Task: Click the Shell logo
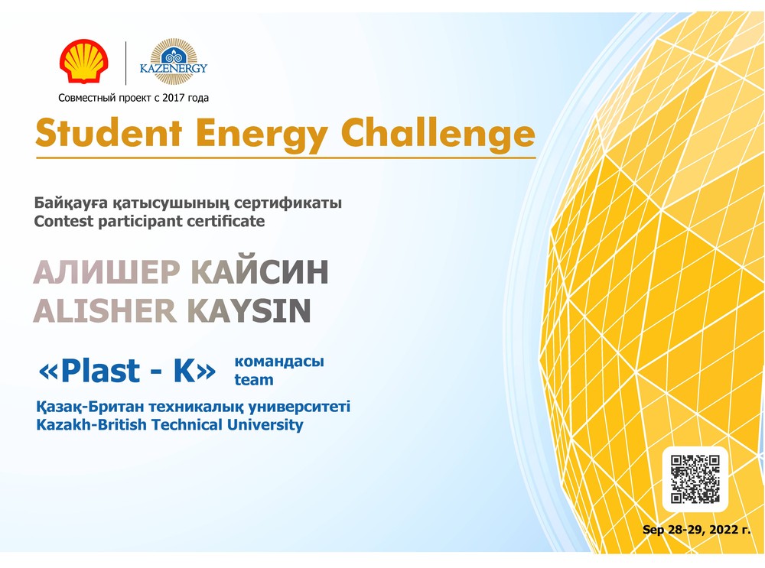tap(84, 61)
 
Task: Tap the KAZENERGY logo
tap(173, 62)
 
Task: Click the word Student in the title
tap(109, 132)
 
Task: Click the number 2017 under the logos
tap(174, 98)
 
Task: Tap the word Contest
tap(63, 222)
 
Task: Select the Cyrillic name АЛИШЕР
tap(107, 272)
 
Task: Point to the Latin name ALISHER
tap(104, 311)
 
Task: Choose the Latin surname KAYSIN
tap(249, 311)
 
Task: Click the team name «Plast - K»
tap(127, 371)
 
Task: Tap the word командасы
tap(279, 362)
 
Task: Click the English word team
tap(254, 380)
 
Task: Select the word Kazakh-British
tap(91, 424)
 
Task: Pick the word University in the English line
tap(265, 425)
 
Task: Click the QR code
tap(695, 479)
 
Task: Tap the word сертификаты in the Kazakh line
tap(288, 203)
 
